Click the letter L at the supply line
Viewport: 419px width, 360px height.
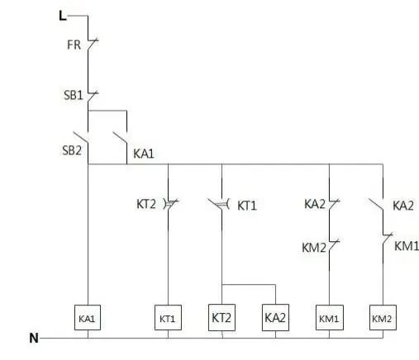[63, 16]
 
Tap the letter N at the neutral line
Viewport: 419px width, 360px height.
[34, 338]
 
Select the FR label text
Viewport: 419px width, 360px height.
[74, 45]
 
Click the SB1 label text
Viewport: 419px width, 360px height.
[74, 95]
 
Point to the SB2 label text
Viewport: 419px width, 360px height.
[72, 150]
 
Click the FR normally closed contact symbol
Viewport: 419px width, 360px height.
[93, 44]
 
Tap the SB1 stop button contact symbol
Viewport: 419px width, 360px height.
[93, 97]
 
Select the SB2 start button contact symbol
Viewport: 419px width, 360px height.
[81, 138]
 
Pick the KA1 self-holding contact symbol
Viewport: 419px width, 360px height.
[121, 138]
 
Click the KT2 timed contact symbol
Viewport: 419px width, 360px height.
[171, 204]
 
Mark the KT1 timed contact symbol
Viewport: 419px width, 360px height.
[219, 204]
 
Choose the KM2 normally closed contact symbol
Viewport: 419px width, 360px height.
[333, 245]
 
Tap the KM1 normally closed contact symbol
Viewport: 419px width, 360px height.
[387, 239]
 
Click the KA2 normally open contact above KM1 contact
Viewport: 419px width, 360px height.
[376, 204]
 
